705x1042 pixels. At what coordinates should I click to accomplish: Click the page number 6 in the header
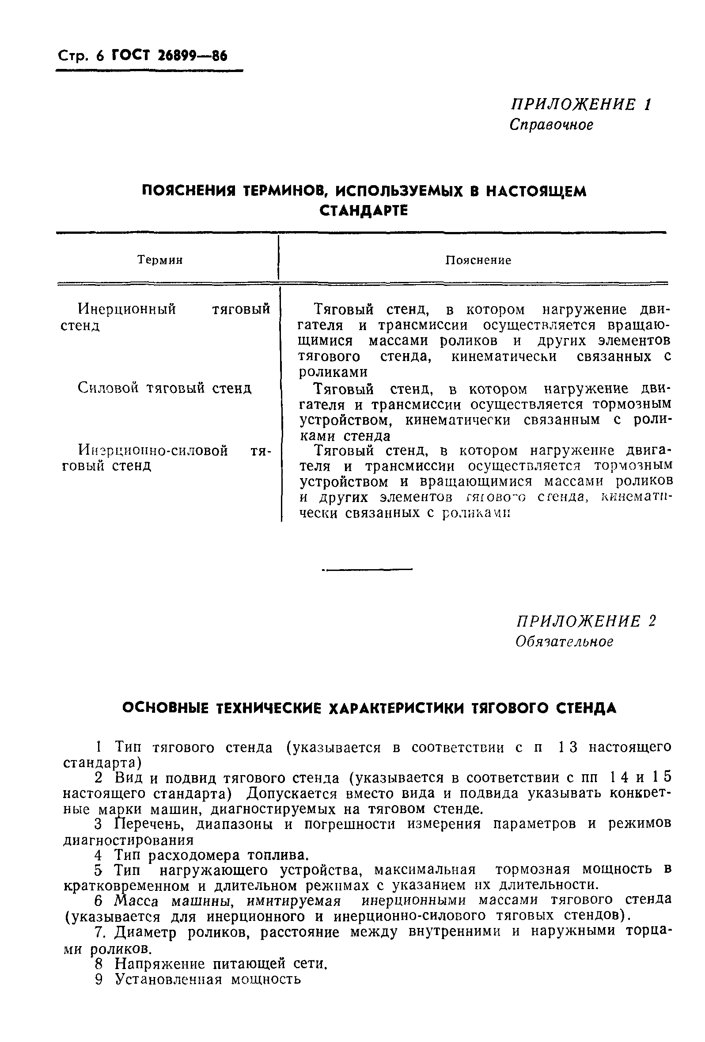99,57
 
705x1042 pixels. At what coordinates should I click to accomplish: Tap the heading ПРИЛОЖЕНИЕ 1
581,104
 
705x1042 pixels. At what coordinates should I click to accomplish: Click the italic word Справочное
551,125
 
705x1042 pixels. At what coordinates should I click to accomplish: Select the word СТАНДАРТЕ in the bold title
364,211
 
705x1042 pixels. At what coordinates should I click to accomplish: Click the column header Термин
160,260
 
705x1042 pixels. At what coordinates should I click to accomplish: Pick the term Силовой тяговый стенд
164,388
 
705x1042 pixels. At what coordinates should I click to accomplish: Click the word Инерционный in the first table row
127,309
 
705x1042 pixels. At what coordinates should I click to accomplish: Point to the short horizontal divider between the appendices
368,570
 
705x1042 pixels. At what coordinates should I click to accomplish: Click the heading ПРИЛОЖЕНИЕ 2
586,621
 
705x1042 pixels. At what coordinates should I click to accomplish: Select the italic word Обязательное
564,642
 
